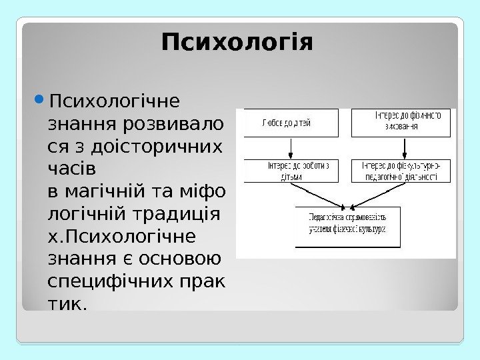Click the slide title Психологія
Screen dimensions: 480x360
click(x=237, y=44)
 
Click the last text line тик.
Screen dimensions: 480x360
click(x=67, y=304)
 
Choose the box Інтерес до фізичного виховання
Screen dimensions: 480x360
click(x=402, y=123)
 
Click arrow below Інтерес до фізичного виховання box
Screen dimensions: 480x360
click(x=402, y=147)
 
